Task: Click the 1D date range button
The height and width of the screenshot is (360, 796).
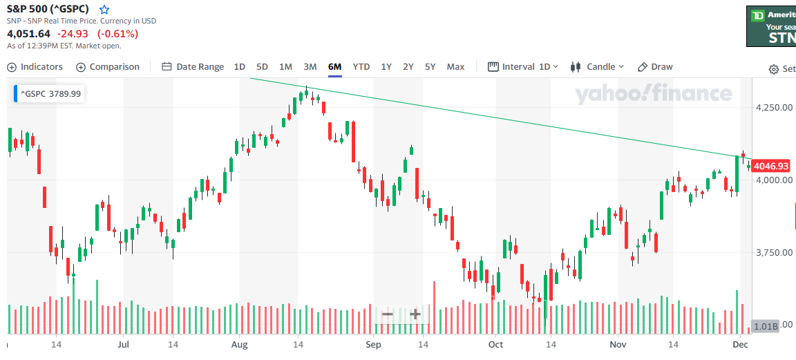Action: [x=239, y=67]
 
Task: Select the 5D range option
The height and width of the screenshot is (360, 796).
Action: [x=262, y=67]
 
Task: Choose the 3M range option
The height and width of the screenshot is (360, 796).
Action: [x=310, y=67]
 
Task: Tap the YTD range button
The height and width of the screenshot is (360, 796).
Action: [x=361, y=67]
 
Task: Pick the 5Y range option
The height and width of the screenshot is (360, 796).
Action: [x=430, y=67]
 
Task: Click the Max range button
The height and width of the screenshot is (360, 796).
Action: [x=455, y=67]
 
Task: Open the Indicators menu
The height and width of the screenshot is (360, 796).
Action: [x=35, y=67]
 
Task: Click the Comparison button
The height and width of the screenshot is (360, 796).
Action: [x=108, y=67]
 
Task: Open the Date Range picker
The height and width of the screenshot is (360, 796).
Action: [x=193, y=67]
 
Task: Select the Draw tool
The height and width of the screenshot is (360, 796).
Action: [x=655, y=67]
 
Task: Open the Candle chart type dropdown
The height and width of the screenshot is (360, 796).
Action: [x=598, y=67]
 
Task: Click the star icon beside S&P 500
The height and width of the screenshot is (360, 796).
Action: [x=104, y=10]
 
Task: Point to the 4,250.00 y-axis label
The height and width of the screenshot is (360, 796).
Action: [x=774, y=108]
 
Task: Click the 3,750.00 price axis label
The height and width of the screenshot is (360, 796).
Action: [x=774, y=253]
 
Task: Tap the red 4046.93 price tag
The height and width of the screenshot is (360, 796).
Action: [x=771, y=166]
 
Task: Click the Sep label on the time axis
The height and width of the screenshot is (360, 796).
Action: [x=373, y=343]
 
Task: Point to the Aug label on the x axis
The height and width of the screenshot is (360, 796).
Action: [x=239, y=343]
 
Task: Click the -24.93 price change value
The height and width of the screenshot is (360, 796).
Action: [x=73, y=33]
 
